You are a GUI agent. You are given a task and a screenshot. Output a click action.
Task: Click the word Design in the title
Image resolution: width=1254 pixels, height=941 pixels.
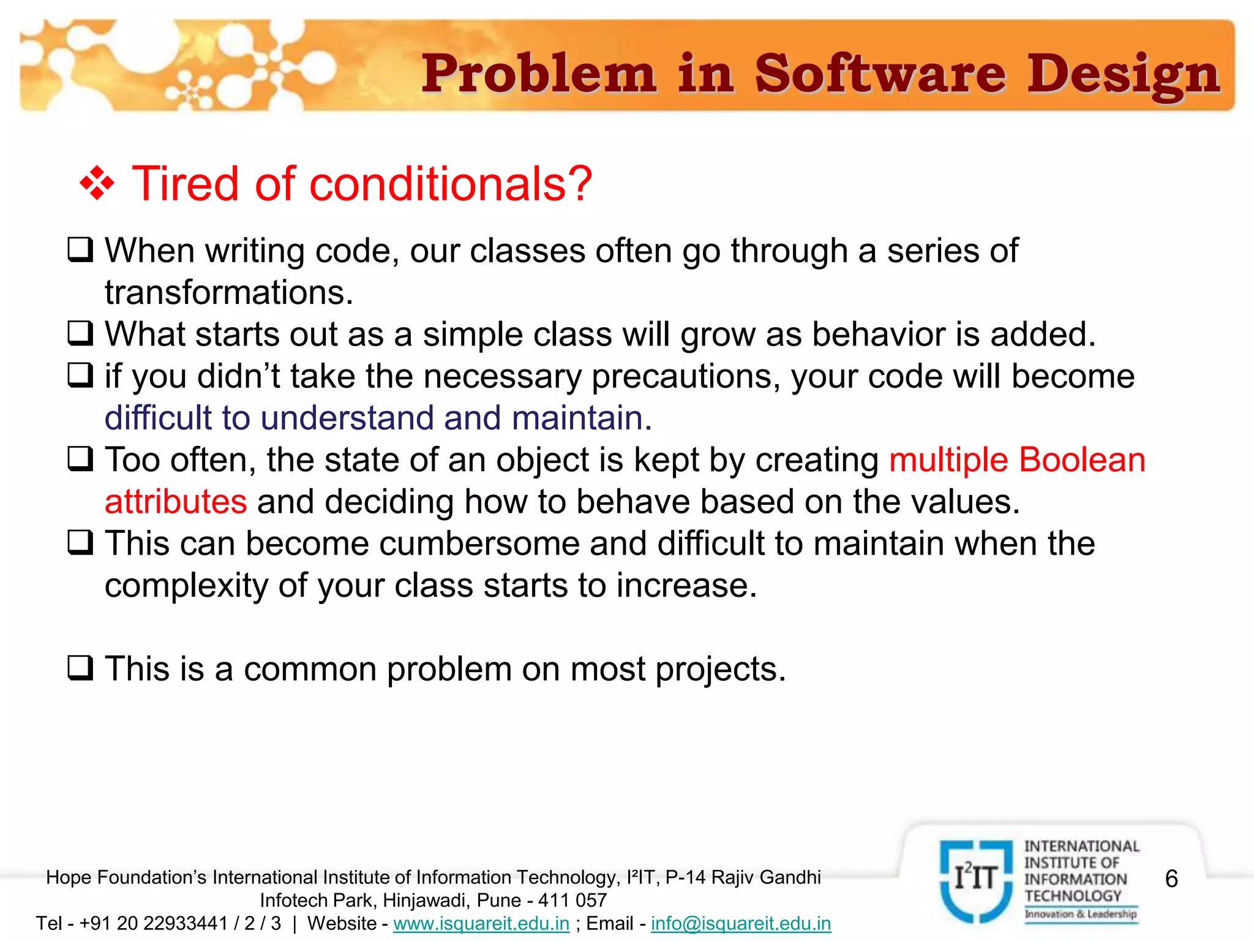pyautogui.click(x=1124, y=75)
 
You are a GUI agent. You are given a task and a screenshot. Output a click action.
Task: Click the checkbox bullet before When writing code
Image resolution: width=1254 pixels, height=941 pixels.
pyautogui.click(x=80, y=250)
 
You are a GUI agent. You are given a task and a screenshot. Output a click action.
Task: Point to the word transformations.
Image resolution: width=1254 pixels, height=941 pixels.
pyautogui.click(x=229, y=292)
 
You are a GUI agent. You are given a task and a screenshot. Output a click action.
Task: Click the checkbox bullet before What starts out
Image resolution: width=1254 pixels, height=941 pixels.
pyautogui.click(x=80, y=334)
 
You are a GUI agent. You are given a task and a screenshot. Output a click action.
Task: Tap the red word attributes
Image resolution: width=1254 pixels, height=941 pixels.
pyautogui.click(x=176, y=502)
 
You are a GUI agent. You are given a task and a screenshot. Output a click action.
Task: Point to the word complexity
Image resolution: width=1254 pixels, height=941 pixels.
pyautogui.click(x=186, y=586)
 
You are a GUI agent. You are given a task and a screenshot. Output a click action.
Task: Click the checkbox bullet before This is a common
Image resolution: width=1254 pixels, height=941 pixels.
pyautogui.click(x=80, y=668)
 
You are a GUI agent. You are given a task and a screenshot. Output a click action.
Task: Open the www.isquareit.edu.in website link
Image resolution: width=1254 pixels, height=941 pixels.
pyautogui.click(x=481, y=923)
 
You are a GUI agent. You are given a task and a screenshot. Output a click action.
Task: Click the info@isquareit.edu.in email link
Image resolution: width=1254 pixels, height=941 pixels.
pyautogui.click(x=741, y=923)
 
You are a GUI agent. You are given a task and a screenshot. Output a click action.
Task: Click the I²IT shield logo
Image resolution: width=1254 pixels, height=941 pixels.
pyautogui.click(x=976, y=880)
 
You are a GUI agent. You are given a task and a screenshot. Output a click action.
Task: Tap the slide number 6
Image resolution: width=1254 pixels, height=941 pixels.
pyautogui.click(x=1171, y=879)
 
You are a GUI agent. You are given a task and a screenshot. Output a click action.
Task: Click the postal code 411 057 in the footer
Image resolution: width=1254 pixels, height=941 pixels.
pyautogui.click(x=572, y=901)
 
